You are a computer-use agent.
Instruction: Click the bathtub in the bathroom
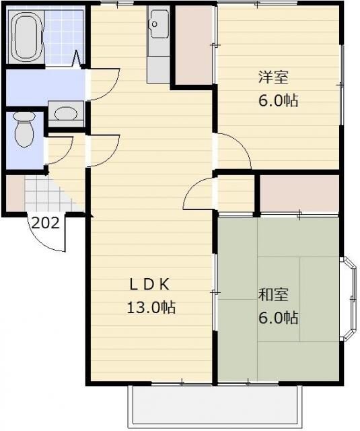coord(26,37)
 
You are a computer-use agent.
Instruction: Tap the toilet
coord(24,129)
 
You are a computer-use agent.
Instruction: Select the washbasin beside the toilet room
coord(66,114)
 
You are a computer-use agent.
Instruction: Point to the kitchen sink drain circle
coord(154,24)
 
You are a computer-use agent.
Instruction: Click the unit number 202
coord(46,223)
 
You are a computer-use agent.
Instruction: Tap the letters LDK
coord(150,285)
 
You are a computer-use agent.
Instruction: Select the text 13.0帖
coord(151,307)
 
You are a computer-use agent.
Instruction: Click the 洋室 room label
coord(273,77)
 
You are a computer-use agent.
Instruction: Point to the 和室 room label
coord(273,294)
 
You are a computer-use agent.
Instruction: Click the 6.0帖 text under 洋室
coord(278,100)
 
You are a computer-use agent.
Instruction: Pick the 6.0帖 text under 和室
coord(278,317)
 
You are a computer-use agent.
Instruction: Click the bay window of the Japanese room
coord(349,299)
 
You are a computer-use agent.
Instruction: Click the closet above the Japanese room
coord(299,193)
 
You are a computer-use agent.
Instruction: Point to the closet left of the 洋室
coord(194,45)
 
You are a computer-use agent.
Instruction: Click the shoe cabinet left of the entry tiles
coord(15,193)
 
